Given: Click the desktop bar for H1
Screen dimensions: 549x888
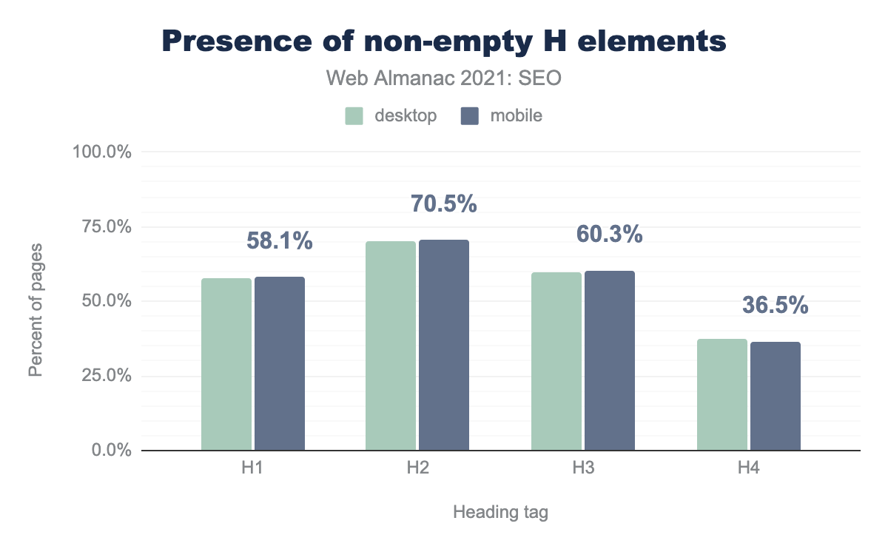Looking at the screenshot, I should pyautogui.click(x=226, y=364).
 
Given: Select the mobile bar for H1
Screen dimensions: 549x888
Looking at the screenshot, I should pyautogui.click(x=280, y=363).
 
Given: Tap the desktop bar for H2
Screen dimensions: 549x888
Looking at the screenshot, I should pyautogui.click(x=391, y=346).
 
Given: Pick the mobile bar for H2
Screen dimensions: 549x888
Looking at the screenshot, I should pyautogui.click(x=444, y=345).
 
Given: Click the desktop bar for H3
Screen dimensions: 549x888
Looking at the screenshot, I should pyautogui.click(x=556, y=361).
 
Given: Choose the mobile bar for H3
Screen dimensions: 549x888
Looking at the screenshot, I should pyautogui.click(x=610, y=360).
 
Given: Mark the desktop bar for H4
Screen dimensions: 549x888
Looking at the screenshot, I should pyautogui.click(x=722, y=394).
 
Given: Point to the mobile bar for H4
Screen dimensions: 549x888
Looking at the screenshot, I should pyautogui.click(x=776, y=396).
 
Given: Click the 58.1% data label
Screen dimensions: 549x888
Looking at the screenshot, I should pyautogui.click(x=279, y=241).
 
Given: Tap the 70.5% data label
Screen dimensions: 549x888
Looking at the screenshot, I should pyautogui.click(x=444, y=204).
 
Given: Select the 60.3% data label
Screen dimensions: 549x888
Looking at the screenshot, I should pyautogui.click(x=609, y=235).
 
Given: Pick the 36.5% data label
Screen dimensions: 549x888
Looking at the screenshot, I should pyautogui.click(x=775, y=306).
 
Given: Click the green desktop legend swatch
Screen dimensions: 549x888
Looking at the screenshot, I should pyautogui.click(x=354, y=116).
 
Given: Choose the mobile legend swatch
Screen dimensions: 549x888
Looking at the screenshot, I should pyautogui.click(x=469, y=116).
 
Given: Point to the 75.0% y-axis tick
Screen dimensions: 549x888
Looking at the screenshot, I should pyautogui.click(x=102, y=227).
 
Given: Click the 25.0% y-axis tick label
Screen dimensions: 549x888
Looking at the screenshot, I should pyautogui.click(x=102, y=376).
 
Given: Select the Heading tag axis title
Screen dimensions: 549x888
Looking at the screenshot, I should pyautogui.click(x=500, y=512).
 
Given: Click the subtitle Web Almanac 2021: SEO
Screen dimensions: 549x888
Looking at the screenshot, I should pyautogui.click(x=444, y=78).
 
